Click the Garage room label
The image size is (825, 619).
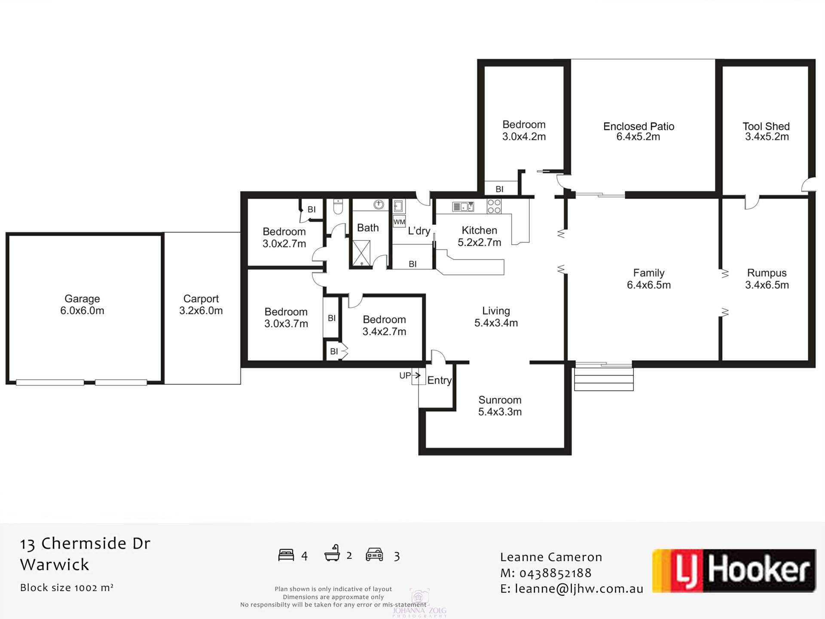82,304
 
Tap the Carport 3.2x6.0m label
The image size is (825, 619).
201,304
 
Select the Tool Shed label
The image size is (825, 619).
767,132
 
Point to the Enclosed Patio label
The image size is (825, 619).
639,132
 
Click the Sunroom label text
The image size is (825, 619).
500,406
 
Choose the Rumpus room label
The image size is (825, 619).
767,279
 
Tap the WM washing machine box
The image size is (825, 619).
399,222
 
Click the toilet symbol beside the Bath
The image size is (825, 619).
338,207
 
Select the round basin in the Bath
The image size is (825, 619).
379,205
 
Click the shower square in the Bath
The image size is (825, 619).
361,253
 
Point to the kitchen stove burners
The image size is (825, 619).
494,206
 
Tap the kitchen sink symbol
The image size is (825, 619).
463,207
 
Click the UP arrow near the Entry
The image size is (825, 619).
416,375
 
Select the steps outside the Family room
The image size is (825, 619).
604,377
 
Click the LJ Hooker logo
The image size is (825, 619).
734,571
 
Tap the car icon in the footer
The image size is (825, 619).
374,555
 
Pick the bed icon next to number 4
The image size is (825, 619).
286,555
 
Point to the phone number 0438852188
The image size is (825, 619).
556,573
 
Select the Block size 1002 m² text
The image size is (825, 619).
67,588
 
